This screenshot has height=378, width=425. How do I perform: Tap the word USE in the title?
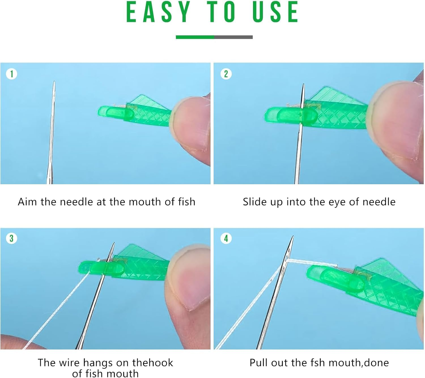pyautogui.click(x=275, y=12)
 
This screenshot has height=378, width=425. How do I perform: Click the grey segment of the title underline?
pyautogui.click(x=233, y=37)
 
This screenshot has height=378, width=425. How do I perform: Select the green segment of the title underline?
pyautogui.click(x=195, y=37)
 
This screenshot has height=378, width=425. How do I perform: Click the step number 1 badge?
pyautogui.click(x=12, y=74)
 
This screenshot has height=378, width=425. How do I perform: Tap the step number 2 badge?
pyautogui.click(x=226, y=74)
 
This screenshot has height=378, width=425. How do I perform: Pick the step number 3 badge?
pyautogui.click(x=12, y=238)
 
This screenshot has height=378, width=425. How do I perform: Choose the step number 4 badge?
pyautogui.click(x=226, y=238)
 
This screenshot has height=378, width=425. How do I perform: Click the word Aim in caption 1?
pyautogui.click(x=27, y=202)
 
